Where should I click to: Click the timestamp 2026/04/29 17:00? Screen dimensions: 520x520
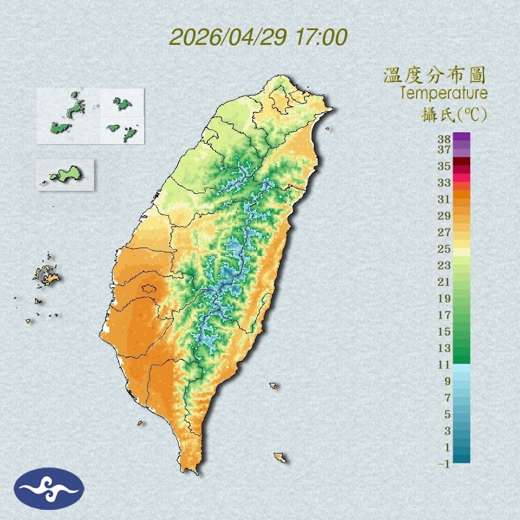pyautogui.click(x=258, y=37)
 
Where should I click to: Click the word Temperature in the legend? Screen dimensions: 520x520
pyautogui.click(x=443, y=93)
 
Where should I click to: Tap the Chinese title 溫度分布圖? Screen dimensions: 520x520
pyautogui.click(x=434, y=75)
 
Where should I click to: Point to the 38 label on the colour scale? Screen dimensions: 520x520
pyautogui.click(x=444, y=139)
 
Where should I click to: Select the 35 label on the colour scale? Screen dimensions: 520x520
pyautogui.click(x=444, y=166)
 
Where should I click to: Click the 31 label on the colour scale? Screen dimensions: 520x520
pyautogui.click(x=444, y=199)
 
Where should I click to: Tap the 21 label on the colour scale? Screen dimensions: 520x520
pyautogui.click(x=444, y=282)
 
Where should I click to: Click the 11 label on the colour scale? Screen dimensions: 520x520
pyautogui.click(x=444, y=365)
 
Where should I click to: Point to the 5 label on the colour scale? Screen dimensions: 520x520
pyautogui.click(x=447, y=414)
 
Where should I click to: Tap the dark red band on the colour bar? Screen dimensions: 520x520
pyautogui.click(x=461, y=161)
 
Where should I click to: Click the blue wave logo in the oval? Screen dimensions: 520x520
pyautogui.click(x=50, y=489)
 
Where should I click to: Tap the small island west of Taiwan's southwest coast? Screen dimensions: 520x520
pyautogui.click(x=140, y=423)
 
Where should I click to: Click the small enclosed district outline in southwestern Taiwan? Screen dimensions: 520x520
pyautogui.click(x=148, y=289)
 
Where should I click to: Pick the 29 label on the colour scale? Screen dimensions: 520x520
pyautogui.click(x=444, y=216)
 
